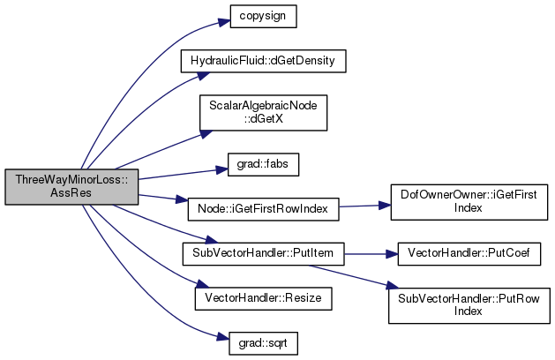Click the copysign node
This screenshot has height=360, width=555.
pos(263,16)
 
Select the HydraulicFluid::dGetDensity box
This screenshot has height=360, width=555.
pos(263,61)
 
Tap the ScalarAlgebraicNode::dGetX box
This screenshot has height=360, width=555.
pos(263,113)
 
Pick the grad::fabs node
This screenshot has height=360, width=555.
pos(263,164)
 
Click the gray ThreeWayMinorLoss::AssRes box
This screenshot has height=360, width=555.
pos(71,186)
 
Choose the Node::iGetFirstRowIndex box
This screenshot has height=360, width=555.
pos(263,209)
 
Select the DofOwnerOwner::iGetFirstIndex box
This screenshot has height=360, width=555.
pos(469,202)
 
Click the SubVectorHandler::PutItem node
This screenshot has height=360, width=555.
pos(263,254)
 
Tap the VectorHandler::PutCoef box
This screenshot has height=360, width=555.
pos(469,254)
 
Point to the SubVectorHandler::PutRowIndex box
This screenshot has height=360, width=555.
pos(469,305)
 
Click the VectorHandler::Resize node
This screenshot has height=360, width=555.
pos(263,298)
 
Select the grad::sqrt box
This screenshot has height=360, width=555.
pos(263,343)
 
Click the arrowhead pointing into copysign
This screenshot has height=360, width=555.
pos(224,22)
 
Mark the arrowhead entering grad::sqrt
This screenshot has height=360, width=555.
pos(223,337)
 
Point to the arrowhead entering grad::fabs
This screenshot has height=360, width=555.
pos(221,170)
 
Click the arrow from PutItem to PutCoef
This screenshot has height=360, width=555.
pos(371,254)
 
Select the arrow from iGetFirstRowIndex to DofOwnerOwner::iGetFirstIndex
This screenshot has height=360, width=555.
pos(365,206)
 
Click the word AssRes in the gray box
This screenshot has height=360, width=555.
pos(71,193)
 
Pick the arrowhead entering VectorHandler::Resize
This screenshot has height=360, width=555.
pos(202,284)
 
